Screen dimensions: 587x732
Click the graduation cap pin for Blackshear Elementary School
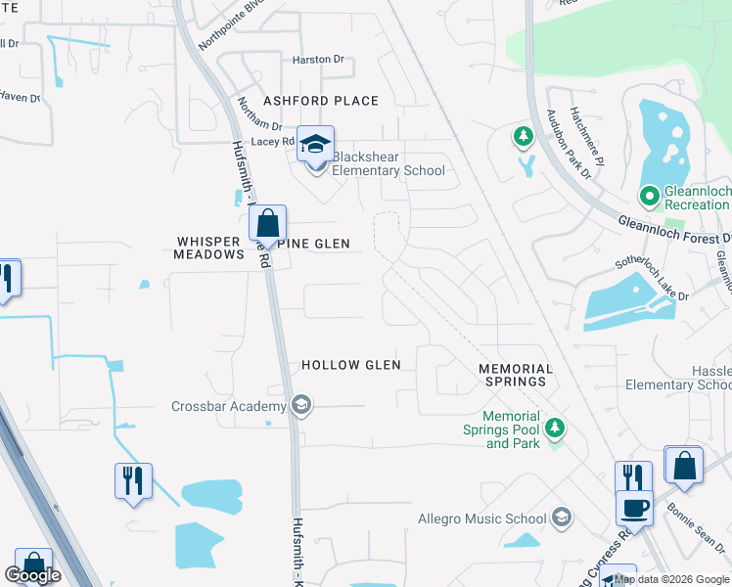pos(315,145)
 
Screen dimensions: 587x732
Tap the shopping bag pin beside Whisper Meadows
pos(267,223)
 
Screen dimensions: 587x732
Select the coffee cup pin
pos(634,509)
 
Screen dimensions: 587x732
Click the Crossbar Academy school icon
pos(301,406)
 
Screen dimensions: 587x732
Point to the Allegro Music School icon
pos(562,518)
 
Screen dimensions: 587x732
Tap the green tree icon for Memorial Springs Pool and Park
pos(555,428)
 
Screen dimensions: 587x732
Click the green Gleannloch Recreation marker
pos(648,197)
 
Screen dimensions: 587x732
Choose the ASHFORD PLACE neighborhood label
pos(320,101)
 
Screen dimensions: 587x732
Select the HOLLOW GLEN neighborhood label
pos(351,365)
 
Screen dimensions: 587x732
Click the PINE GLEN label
pos(316,243)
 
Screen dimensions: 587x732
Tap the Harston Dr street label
pos(319,60)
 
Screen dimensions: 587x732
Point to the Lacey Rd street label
pos(273,142)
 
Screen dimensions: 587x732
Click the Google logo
pos(32,575)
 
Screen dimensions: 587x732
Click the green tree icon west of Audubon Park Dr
pos(524,136)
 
